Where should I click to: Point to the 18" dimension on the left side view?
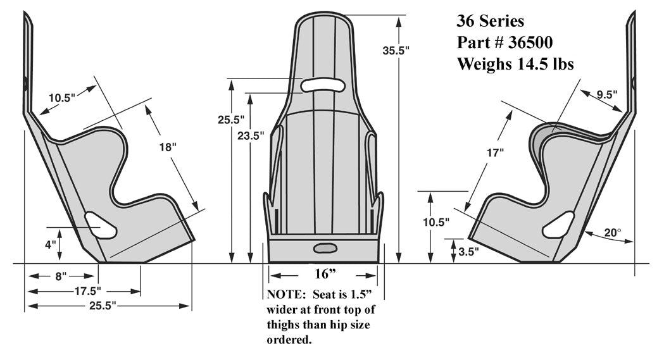point(168,146)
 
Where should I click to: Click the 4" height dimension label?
point(51,244)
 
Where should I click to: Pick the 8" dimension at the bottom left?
point(61,276)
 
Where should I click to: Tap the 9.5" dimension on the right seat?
point(606,95)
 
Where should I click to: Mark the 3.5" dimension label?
point(468,251)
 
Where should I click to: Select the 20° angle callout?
point(612,233)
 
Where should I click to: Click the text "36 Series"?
point(490,22)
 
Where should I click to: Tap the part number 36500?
point(530,42)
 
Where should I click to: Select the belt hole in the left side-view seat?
point(101,225)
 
